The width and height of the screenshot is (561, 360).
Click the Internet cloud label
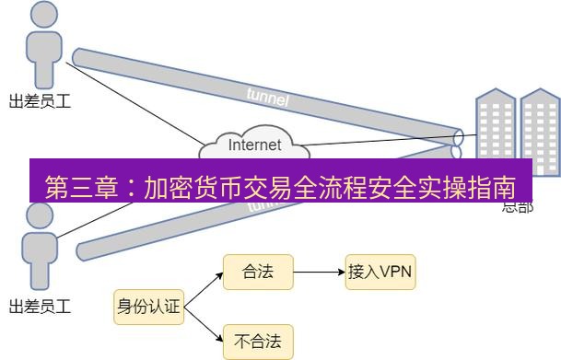pos(254,145)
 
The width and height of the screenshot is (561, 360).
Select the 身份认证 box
pos(148,308)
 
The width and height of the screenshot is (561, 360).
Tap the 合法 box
pos(258,272)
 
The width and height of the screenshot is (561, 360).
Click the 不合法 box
pos(258,343)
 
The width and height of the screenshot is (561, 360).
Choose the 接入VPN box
pos(380,272)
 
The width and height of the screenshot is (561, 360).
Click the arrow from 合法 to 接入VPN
pos(318,273)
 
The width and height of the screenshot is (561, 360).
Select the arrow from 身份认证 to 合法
pos(203,289)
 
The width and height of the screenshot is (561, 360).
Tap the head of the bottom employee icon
pos(40,217)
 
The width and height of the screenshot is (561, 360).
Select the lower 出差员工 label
pos(39,306)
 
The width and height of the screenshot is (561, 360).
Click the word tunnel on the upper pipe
pos(268,96)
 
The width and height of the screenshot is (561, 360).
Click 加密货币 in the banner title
pos(193,188)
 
